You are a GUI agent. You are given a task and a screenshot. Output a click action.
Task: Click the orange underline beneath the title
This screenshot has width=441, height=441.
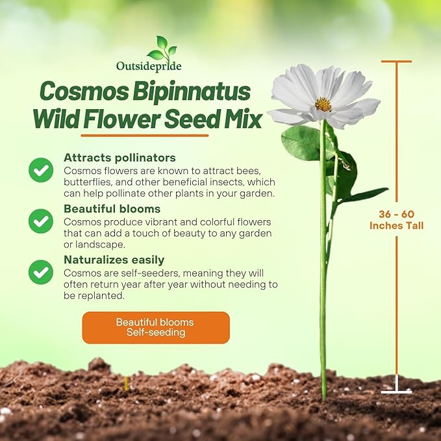(144, 136)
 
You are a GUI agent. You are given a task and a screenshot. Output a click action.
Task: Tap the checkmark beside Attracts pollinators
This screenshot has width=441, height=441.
(41, 170)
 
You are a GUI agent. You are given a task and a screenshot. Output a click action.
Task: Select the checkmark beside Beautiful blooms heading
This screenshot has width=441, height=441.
(41, 221)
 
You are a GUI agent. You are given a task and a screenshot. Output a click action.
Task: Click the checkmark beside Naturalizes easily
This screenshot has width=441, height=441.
(41, 271)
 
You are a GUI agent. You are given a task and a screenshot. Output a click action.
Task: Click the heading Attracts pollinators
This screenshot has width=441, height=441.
(120, 158)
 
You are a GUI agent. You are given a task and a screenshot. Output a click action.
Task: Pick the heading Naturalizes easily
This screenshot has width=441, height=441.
(114, 260)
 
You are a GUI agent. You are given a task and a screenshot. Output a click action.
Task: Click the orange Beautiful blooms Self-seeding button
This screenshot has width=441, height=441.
(155, 327)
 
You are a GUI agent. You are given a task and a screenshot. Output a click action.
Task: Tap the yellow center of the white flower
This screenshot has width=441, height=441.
(323, 104)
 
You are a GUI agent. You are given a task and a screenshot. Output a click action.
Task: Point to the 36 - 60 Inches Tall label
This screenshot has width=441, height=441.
(396, 220)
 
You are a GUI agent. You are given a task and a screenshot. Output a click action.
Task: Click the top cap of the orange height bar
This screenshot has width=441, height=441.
(396, 62)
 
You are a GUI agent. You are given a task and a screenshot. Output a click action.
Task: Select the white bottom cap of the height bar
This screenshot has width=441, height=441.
(396, 392)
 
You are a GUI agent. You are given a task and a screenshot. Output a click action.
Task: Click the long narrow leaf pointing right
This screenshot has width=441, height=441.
(364, 194)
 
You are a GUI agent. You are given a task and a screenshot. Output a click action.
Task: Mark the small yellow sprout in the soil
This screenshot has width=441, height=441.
(126, 384)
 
